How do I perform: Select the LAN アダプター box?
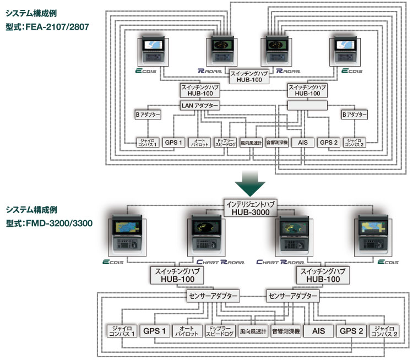pyautogui.click(x=200, y=106)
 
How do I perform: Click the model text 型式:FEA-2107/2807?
pyautogui.click(x=47, y=26)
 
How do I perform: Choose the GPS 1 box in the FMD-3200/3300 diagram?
pyautogui.click(x=155, y=331)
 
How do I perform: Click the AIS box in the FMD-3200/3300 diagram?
pyautogui.click(x=318, y=331)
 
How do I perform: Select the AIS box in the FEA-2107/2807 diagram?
pyautogui.click(x=302, y=142)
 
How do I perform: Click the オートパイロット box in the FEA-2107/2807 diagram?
pyautogui.click(x=199, y=142)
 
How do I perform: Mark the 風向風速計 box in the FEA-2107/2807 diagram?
pyautogui.click(x=251, y=142)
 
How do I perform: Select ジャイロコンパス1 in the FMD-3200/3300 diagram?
pyautogui.click(x=121, y=331)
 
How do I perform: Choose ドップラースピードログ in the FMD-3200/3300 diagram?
pyautogui.click(x=220, y=331)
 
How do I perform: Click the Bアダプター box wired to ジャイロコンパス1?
pyautogui.click(x=148, y=115)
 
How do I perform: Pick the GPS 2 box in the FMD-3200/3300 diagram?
pyautogui.click(x=351, y=331)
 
